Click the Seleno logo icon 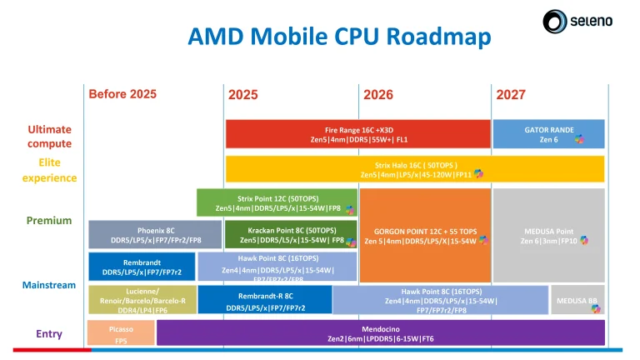pyautogui.click(x=556, y=21)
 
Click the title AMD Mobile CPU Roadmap pyautogui.click(x=339, y=37)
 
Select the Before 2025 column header pyautogui.click(x=122, y=93)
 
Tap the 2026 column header pyautogui.click(x=378, y=95)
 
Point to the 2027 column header pyautogui.click(x=511, y=95)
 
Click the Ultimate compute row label pyautogui.click(x=49, y=137)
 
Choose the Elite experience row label pyautogui.click(x=49, y=170)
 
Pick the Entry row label pyautogui.click(x=49, y=333)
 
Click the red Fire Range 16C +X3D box pyautogui.click(x=357, y=134)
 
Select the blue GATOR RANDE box pyautogui.click(x=548, y=134)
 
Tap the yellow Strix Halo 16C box pyautogui.click(x=414, y=169)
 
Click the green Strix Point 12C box pyautogui.click(x=277, y=202)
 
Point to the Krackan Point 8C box pyautogui.click(x=277, y=234)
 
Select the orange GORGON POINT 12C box pyautogui.click(x=425, y=235)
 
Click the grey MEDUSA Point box pyautogui.click(x=547, y=235)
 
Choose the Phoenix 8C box pyautogui.click(x=155, y=234)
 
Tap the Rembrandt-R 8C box pyautogui.click(x=265, y=300)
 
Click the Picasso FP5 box pyautogui.click(x=121, y=333)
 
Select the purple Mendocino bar pyautogui.click(x=380, y=333)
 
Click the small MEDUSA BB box pyautogui.click(x=577, y=300)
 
